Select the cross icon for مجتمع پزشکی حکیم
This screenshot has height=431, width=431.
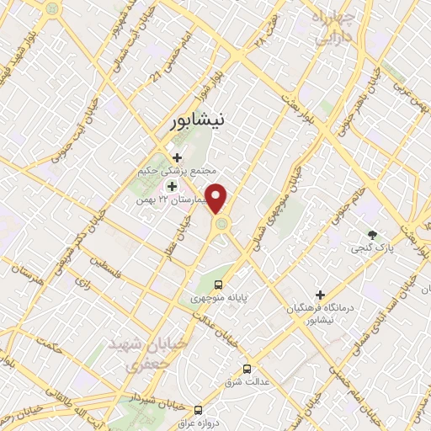177,157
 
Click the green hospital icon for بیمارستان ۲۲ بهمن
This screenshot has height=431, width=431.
172,186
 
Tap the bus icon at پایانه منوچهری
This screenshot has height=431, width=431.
219,285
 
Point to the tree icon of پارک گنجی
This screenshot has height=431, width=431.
371,234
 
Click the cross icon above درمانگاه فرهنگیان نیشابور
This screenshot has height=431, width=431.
319,295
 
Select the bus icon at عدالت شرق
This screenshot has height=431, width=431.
247,369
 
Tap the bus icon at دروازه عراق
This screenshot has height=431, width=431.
198,410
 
